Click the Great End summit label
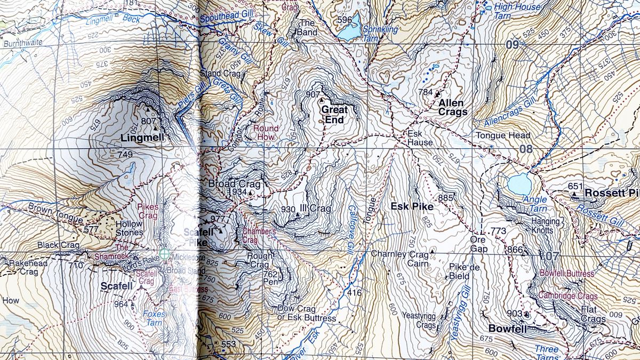coord(334,114)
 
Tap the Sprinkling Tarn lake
coord(349,34)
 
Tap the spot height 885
coord(445,198)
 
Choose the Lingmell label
coord(141,138)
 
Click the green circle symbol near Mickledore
coord(165,255)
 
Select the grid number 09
coord(512,45)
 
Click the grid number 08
coord(526,149)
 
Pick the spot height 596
coord(345,20)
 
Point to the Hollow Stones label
coord(129,228)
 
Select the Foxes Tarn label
coord(155,318)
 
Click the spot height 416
coord(354,292)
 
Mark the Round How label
coord(266,132)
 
